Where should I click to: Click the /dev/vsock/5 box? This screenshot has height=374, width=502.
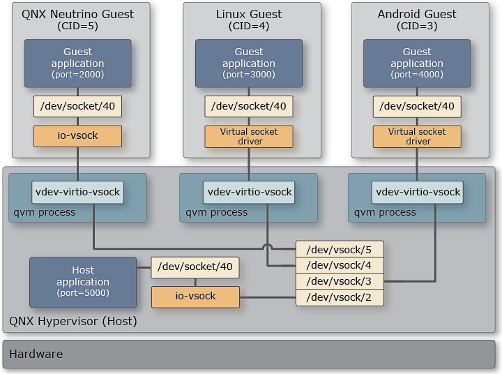340,249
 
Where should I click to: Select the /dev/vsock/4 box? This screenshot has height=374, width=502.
340,265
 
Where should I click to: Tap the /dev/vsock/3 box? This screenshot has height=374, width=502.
340,281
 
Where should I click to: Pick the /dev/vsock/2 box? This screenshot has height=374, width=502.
340,298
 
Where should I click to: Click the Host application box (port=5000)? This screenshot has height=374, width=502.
83,282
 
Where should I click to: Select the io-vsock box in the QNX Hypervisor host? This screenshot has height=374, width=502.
195,297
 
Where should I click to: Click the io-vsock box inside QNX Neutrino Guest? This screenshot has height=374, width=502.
77,136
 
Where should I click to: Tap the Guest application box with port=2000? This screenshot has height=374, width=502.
77,63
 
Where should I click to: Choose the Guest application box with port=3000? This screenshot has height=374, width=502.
249,63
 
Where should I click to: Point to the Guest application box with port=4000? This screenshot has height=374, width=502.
417,63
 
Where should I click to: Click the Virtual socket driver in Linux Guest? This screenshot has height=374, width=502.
249,136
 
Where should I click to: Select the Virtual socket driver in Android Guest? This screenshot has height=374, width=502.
417,136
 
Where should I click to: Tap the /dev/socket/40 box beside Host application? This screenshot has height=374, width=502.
195,267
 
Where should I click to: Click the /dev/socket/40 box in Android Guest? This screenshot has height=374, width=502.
417,107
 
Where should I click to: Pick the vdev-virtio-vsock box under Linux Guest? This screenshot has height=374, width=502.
249,192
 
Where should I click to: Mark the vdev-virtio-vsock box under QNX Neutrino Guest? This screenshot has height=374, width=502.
77,192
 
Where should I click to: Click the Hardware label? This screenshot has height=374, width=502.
36,354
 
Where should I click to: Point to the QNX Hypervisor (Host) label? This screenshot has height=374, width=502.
73,322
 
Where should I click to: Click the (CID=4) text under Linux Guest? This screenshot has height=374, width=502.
249,27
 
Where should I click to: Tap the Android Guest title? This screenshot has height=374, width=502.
417,14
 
